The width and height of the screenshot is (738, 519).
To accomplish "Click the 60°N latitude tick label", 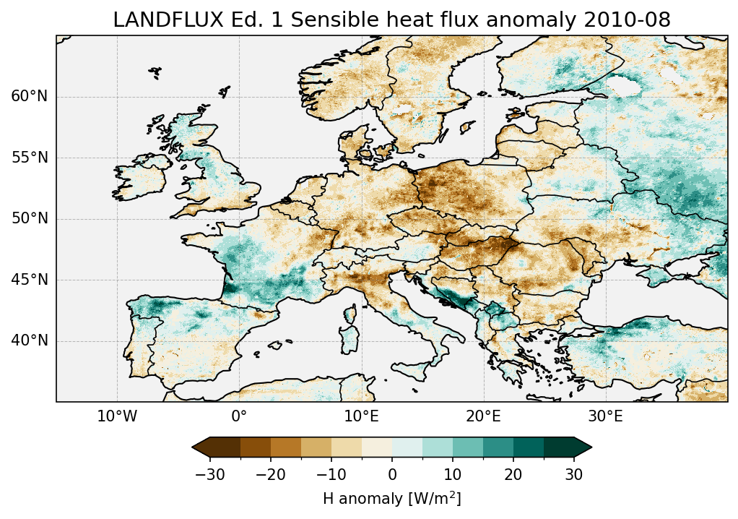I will coord(29,97).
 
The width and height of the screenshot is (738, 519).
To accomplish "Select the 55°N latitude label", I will coord(29,158).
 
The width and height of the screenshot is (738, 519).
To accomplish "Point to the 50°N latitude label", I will coord(29,218).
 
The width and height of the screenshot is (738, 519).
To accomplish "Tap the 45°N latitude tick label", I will coord(29,280).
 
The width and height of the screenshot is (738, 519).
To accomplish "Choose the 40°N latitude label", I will coord(29,340).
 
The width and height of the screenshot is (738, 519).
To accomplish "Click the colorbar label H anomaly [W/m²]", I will coord(391,498).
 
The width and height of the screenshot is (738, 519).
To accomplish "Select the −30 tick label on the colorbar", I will coord(209,474).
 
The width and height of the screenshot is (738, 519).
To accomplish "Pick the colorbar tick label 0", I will coord(392,474).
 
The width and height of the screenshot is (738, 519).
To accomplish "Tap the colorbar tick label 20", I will coord(513,474).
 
